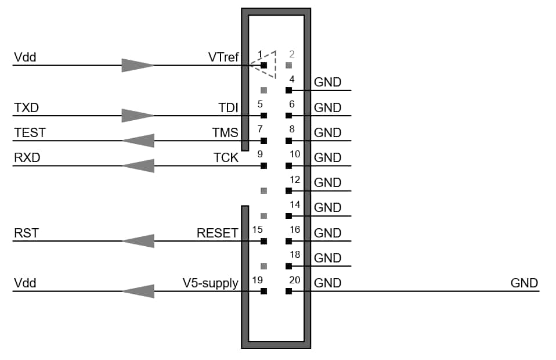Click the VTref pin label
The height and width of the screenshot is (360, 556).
coord(223,57)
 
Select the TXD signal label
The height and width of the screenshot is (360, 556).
coord(27,107)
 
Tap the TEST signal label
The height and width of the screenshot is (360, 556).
coord(30,132)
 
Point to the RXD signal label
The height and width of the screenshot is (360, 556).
coord(27,157)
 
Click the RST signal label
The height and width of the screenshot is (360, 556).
coord(26,233)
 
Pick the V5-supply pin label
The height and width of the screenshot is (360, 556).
coord(210,283)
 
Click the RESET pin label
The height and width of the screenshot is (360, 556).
coord(218,233)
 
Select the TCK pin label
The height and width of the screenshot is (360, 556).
coord(225,157)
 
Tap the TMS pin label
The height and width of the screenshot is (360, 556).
coord(225,132)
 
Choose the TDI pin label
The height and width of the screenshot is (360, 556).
coord(228,107)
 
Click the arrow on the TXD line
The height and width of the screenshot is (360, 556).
coord(138,115)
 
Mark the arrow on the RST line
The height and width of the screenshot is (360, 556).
coord(138,241)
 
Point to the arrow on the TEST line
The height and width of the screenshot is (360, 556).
coord(138,141)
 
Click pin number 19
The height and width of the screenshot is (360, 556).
coord(259,280)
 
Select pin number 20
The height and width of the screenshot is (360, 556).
coord(295,280)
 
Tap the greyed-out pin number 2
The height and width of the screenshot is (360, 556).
coord(292,55)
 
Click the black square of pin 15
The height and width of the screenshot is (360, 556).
coord(264,241)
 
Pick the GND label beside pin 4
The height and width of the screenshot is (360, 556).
coord(328,82)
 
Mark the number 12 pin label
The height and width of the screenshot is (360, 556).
coord(295,179)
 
